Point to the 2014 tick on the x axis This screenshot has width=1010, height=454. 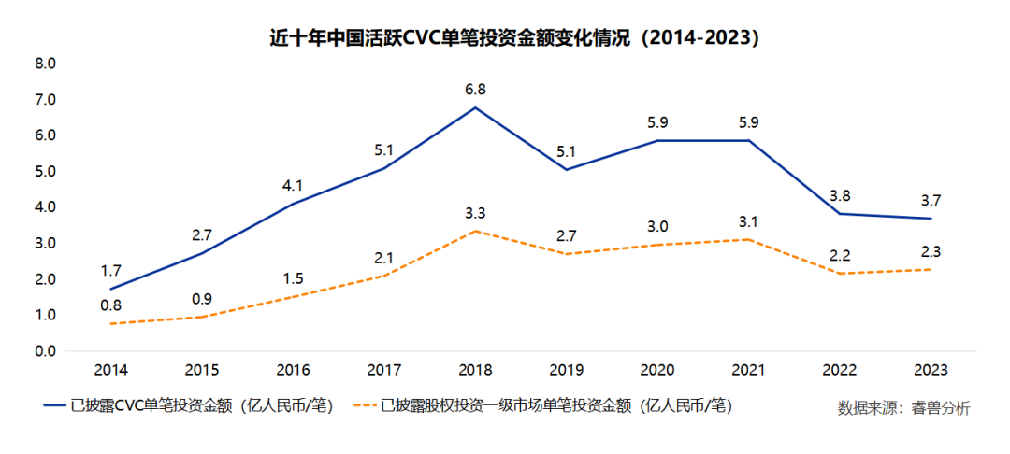coord(109,370)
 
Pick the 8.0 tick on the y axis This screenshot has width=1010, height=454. coord(45,64)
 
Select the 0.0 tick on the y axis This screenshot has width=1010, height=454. coord(45,351)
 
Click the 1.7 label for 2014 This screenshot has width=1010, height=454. coord(109,271)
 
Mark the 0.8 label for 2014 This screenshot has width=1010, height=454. coord(109,305)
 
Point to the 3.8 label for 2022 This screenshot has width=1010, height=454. coord(840,195)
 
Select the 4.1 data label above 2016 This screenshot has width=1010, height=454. coord(292,185)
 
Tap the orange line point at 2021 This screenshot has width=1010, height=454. coord(748,240)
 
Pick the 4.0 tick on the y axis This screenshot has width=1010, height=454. coord(45,207)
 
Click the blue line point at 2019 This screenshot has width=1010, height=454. coord(566,170)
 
